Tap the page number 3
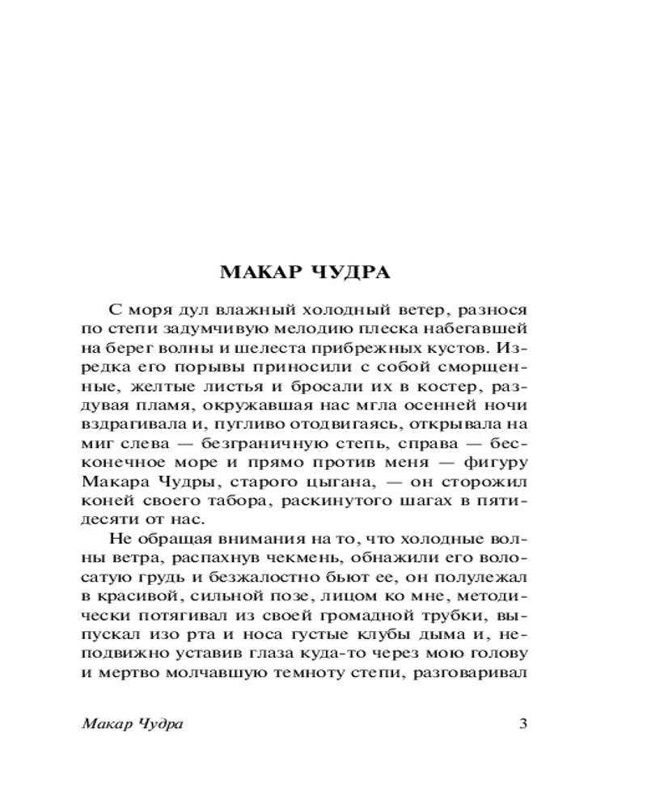[x=522, y=723]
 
